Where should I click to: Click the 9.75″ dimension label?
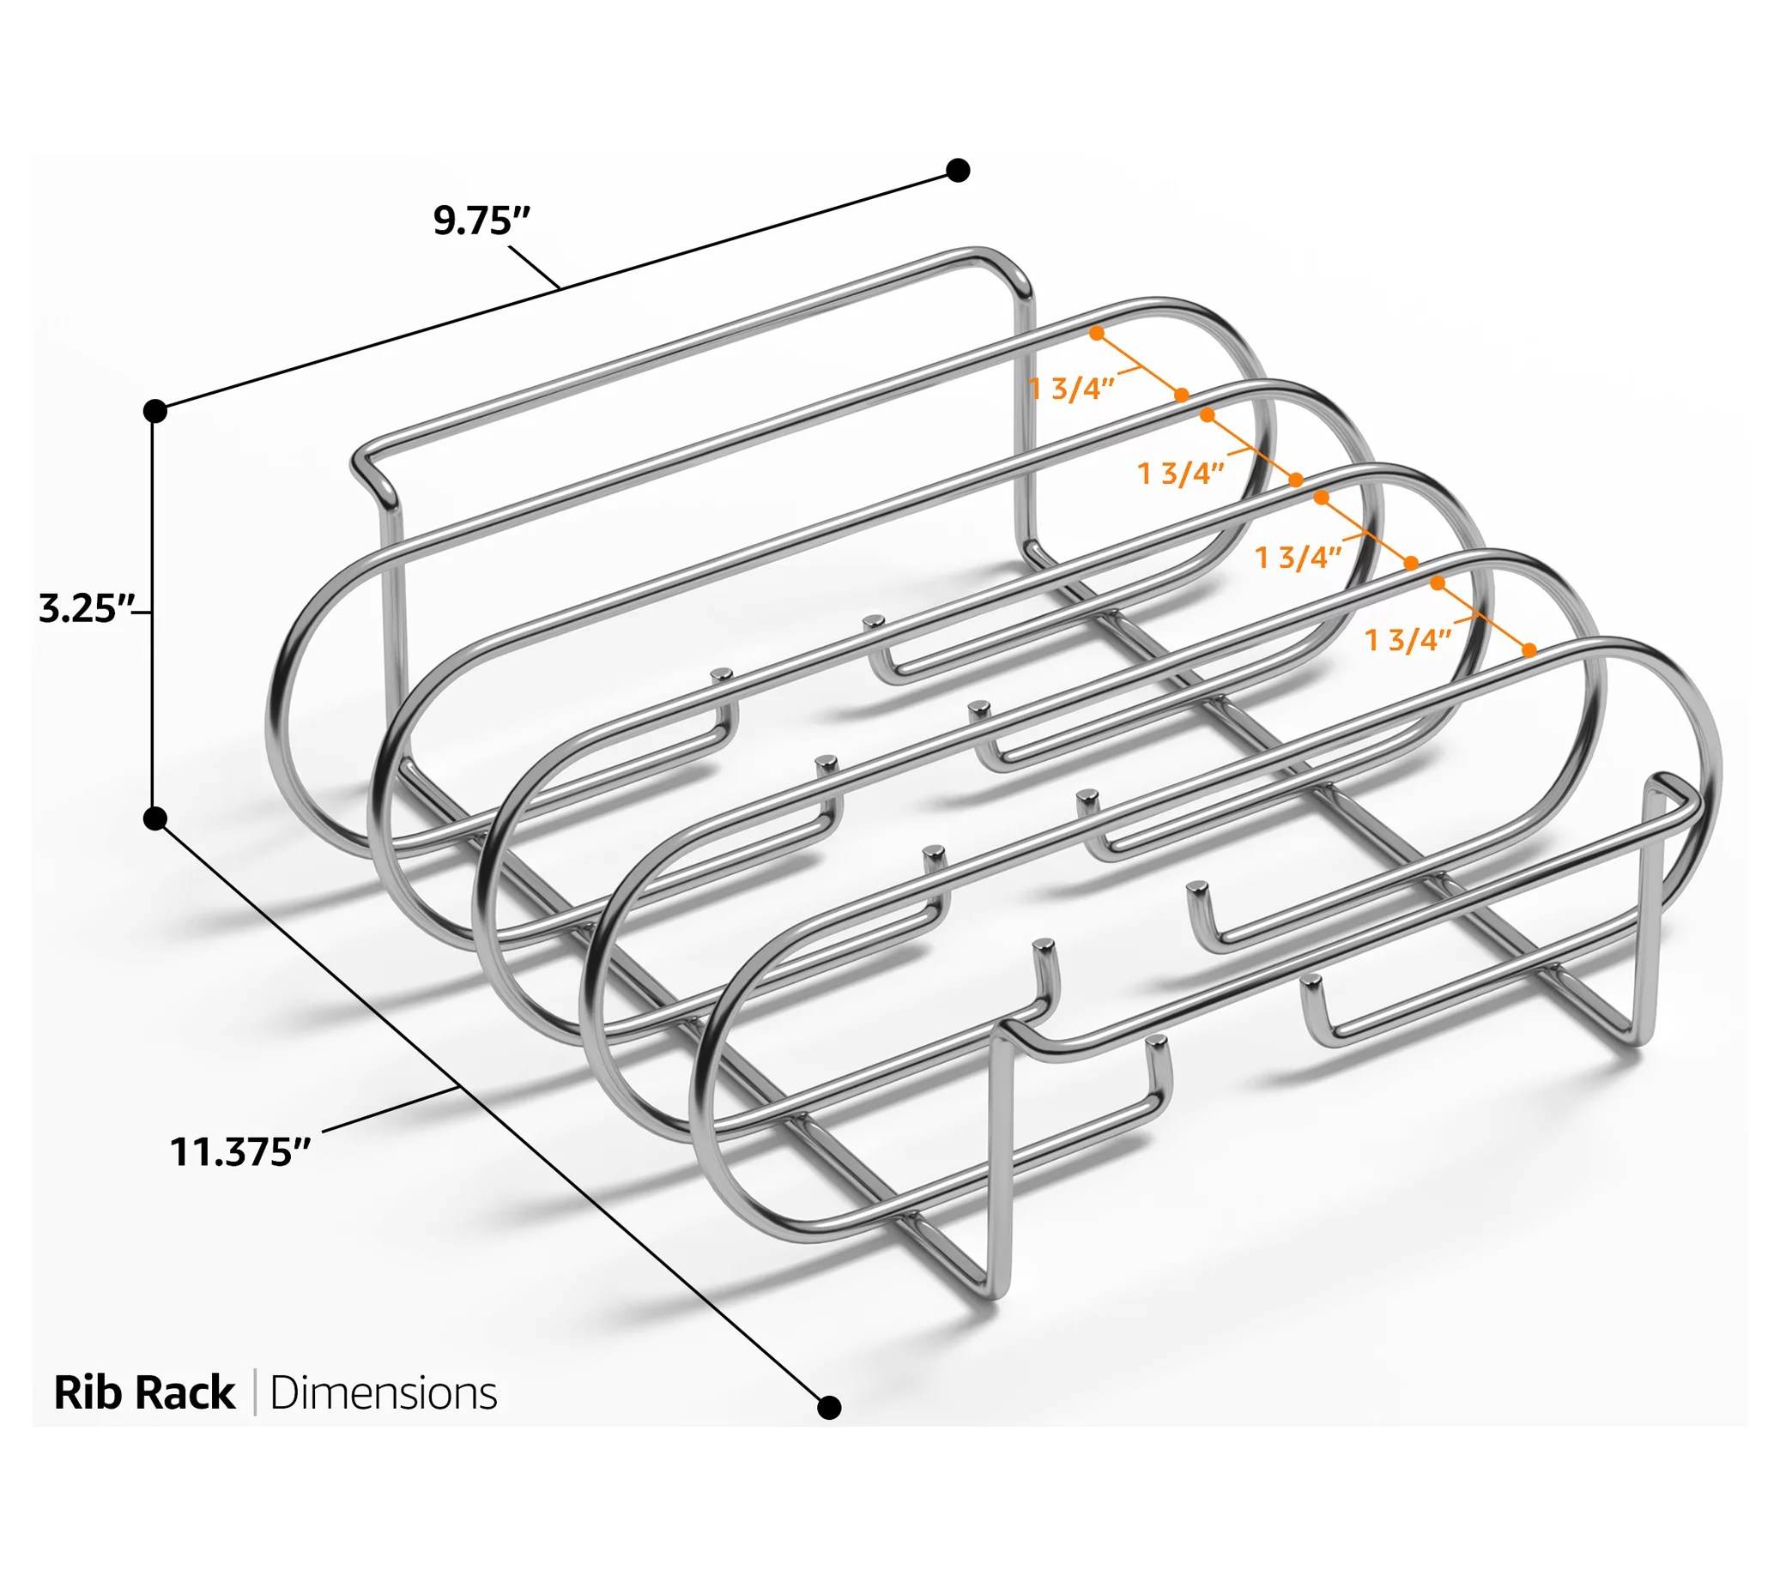click(481, 221)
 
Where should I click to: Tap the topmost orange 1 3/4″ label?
click(1071, 389)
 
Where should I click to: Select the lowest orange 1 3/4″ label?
click(1408, 640)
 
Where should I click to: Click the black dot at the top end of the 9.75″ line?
click(958, 171)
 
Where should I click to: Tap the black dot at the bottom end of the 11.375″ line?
click(830, 1407)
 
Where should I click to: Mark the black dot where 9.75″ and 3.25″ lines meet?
click(155, 411)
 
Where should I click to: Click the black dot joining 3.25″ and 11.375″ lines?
click(155, 818)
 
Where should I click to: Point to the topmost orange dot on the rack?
click(1096, 334)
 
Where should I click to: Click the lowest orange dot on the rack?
click(1529, 649)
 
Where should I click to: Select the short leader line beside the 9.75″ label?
click(533, 267)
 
